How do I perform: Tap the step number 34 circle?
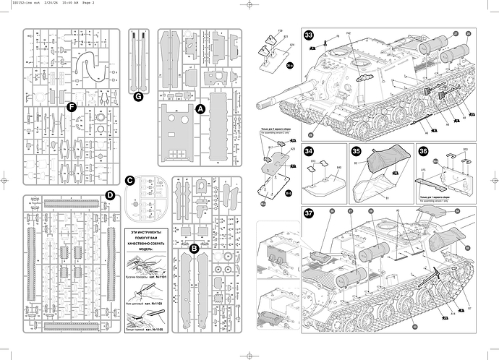[309, 152]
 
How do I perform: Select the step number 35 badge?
[357, 152]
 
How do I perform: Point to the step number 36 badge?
[423, 152]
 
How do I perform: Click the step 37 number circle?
[309, 213]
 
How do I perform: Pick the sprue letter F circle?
[71, 107]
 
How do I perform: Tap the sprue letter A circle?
[201, 108]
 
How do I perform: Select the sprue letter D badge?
[110, 194]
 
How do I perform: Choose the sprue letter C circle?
[130, 180]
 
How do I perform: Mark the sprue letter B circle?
[195, 249]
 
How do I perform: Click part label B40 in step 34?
[338, 168]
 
